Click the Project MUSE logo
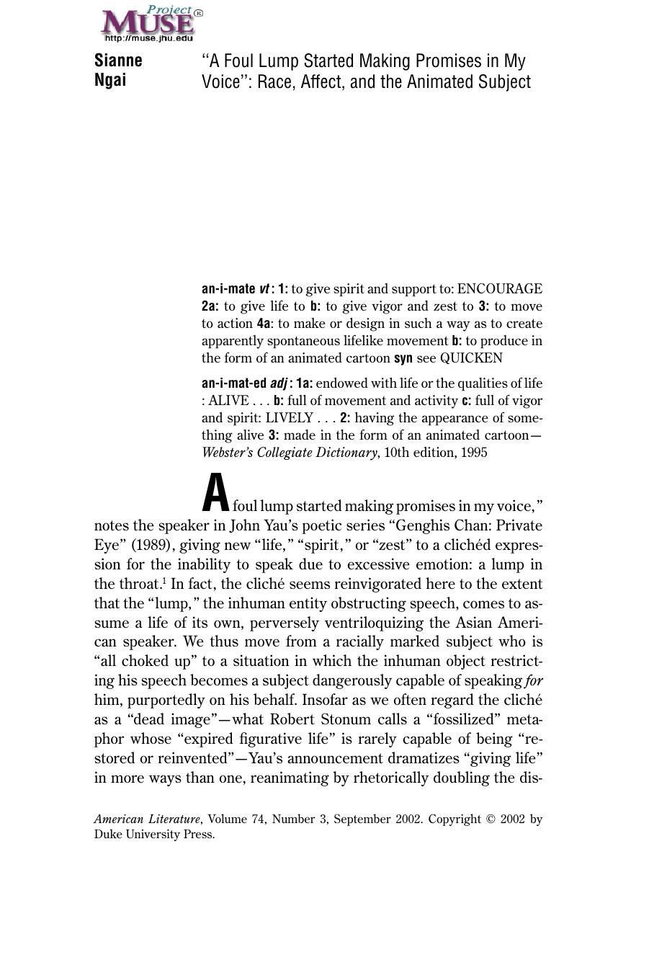click(x=151, y=22)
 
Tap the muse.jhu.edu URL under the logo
click(x=149, y=38)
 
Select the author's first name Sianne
click(x=118, y=61)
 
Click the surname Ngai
click(x=110, y=80)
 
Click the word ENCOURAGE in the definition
click(x=500, y=289)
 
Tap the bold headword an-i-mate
click(x=228, y=289)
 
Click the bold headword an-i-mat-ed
click(x=234, y=383)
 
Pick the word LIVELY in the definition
click(x=289, y=418)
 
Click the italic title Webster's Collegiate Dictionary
click(x=289, y=453)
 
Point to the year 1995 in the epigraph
click(x=473, y=453)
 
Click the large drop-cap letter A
click(x=215, y=493)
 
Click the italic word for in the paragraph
click(x=534, y=681)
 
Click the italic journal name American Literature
click(x=147, y=819)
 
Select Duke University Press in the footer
click(x=154, y=835)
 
